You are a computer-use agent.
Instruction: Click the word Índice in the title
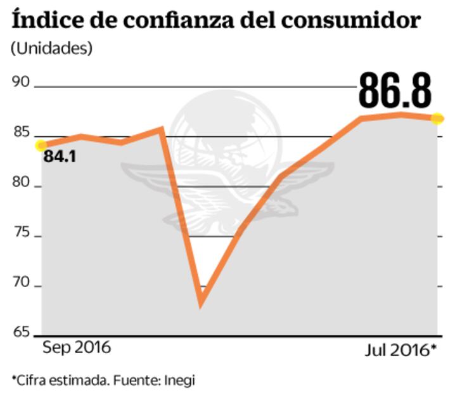[42, 19]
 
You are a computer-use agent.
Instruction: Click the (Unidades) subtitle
[51, 48]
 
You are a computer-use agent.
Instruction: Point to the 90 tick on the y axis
[22, 82]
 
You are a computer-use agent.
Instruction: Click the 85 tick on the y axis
[22, 132]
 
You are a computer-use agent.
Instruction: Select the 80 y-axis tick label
[22, 183]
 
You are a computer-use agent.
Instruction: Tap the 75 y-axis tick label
[22, 233]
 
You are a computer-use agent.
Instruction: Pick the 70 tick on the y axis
[22, 283]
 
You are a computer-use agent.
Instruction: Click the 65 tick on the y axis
[22, 332]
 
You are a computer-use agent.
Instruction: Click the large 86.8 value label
[395, 89]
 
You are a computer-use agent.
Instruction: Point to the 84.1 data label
[60, 156]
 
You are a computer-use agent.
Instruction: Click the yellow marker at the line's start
[41, 145]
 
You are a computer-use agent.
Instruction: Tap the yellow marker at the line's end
[438, 119]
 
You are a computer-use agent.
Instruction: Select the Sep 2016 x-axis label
[76, 348]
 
